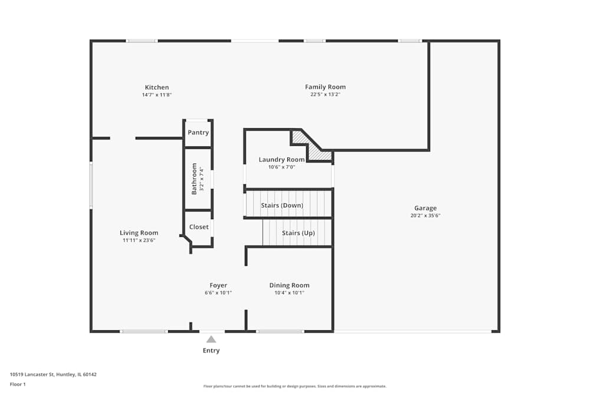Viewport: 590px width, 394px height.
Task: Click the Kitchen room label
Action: click(157, 87)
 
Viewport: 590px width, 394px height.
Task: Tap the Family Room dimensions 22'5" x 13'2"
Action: click(325, 95)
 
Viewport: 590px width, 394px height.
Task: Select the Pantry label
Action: click(198, 133)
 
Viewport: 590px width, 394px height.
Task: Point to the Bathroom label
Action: click(194, 179)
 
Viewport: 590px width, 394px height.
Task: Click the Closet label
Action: click(199, 227)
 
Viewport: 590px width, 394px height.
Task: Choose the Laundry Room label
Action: click(281, 159)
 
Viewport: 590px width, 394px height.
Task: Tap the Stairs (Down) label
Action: click(282, 206)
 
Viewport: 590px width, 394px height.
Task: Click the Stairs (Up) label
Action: click(298, 233)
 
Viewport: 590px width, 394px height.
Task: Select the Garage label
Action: click(425, 208)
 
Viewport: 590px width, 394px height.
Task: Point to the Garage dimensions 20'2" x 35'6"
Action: click(425, 216)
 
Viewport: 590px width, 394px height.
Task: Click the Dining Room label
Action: click(289, 285)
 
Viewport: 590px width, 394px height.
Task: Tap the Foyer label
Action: click(218, 285)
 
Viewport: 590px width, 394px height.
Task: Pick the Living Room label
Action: click(139, 233)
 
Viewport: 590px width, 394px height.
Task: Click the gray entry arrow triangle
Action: click(211, 339)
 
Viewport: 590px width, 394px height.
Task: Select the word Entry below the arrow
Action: click(211, 350)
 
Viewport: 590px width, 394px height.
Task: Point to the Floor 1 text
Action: click(18, 384)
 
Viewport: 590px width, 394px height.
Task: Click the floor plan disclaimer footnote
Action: click(295, 386)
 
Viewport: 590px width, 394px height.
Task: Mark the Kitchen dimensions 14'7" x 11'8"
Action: click(157, 95)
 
